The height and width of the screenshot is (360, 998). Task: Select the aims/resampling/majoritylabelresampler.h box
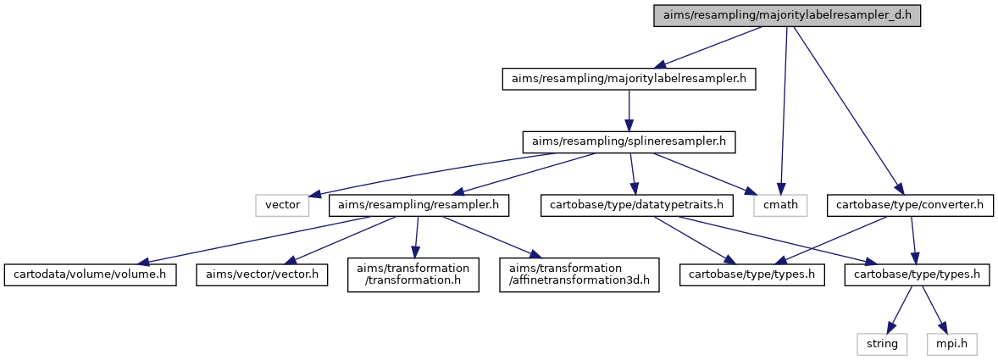(x=629, y=79)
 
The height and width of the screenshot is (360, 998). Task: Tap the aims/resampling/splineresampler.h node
(x=629, y=141)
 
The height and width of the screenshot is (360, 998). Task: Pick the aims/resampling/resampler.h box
(x=419, y=206)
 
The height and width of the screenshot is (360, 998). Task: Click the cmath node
(x=779, y=206)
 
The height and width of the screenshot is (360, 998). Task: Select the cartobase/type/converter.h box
(x=910, y=206)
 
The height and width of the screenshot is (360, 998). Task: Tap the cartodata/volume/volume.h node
(x=90, y=274)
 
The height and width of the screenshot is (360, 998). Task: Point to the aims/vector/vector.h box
(x=262, y=274)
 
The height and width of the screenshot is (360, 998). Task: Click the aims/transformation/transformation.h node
(x=413, y=274)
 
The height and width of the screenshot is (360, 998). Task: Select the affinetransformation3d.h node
(x=579, y=274)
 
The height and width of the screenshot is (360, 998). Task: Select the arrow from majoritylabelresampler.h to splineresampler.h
(x=629, y=111)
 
